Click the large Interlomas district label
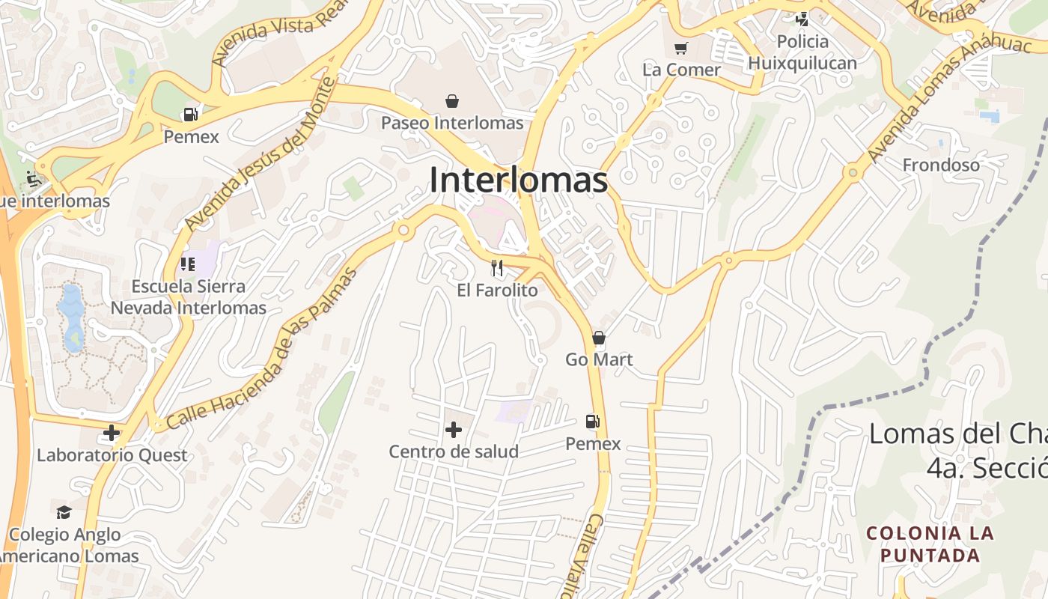click(518, 180)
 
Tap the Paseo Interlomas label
click(452, 122)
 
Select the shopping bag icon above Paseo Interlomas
click(452, 100)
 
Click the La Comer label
click(681, 70)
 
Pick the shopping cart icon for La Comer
click(680, 49)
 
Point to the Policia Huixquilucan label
click(802, 52)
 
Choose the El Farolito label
click(497, 290)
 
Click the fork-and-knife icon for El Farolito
click(497, 267)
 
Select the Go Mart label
click(599, 359)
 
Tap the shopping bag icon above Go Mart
click(599, 338)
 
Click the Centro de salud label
click(454, 451)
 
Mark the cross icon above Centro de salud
click(453, 430)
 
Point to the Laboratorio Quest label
click(112, 455)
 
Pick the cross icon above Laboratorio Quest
click(112, 433)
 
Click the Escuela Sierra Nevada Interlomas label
click(189, 297)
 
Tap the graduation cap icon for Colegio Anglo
click(64, 512)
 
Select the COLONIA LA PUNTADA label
click(930, 544)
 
